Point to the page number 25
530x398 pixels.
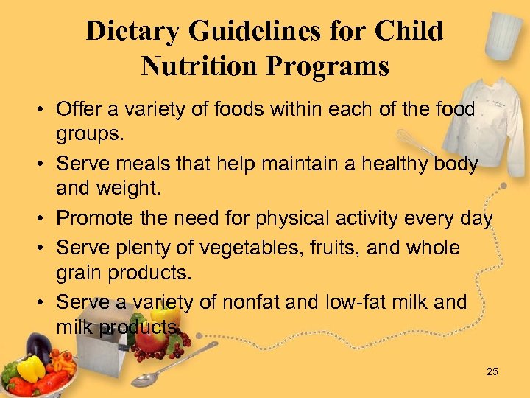point(492,371)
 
